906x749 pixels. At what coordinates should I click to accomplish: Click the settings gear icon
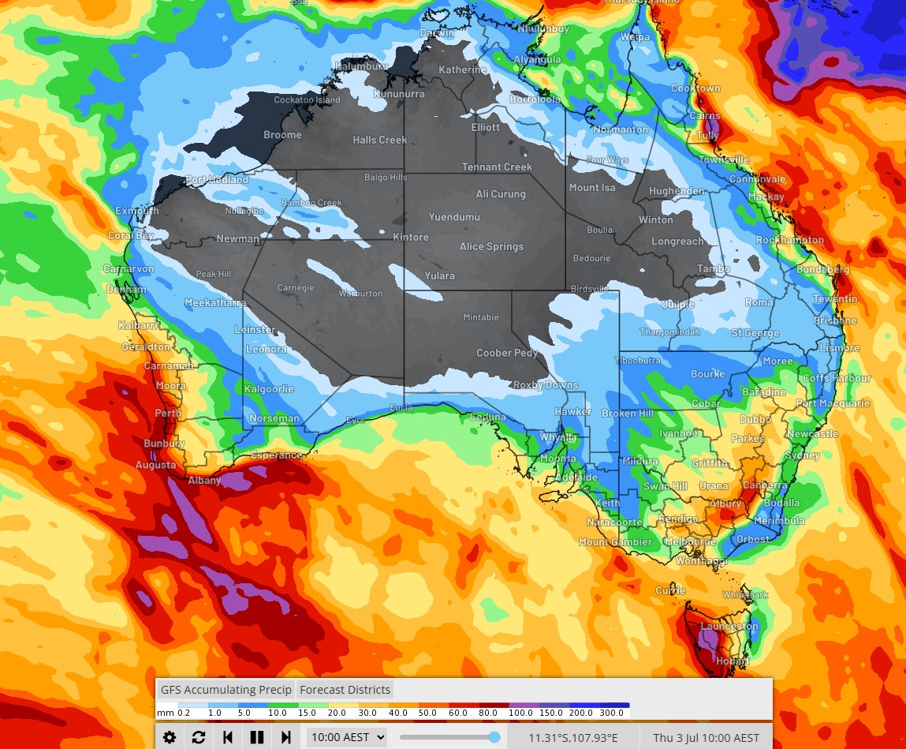point(170,737)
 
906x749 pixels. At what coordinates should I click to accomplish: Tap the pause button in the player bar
point(256,737)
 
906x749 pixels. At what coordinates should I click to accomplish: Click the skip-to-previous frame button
point(228,737)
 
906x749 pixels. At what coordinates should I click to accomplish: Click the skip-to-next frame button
point(285,737)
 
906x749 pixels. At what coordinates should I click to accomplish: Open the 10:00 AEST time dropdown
point(347,737)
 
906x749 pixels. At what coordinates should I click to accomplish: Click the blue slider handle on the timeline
point(494,737)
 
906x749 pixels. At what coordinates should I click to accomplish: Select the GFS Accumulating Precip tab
point(226,689)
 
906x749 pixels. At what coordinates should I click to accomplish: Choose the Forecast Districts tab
point(345,689)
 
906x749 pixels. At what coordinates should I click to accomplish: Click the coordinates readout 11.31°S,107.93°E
point(573,738)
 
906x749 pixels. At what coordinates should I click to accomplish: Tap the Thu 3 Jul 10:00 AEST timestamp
point(706,738)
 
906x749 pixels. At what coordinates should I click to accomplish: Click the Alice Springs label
point(491,247)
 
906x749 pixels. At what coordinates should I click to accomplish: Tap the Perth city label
point(168,413)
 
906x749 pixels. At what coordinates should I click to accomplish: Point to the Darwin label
point(437,33)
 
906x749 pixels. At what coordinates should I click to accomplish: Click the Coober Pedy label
point(507,353)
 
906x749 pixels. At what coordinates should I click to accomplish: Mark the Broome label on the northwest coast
point(282,135)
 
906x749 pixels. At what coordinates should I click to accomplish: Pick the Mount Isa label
point(591,188)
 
